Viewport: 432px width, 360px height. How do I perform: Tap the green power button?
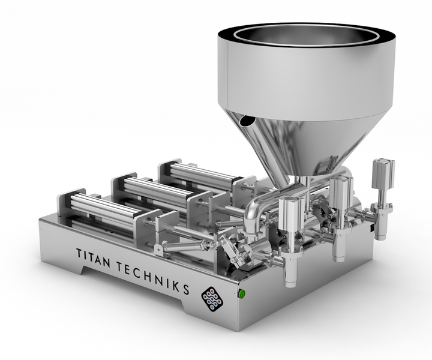tap(242, 294)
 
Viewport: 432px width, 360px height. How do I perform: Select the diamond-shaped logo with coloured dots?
tap(212, 300)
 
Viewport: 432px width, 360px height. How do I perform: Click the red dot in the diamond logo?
tap(212, 292)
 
